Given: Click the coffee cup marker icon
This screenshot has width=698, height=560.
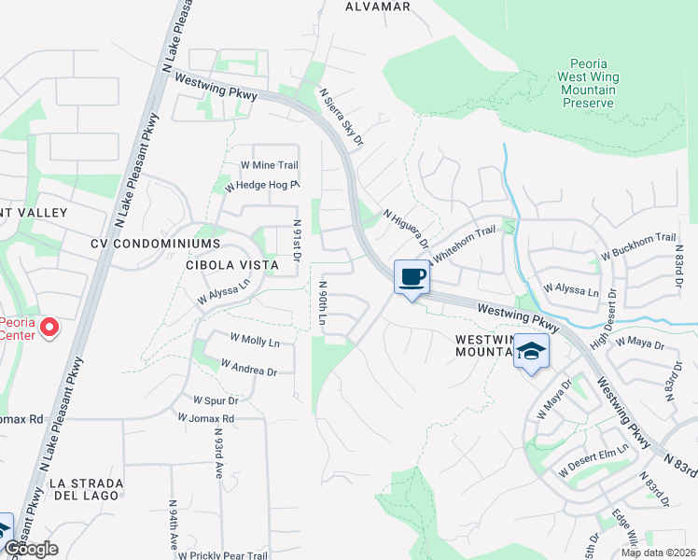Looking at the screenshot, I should (x=412, y=277).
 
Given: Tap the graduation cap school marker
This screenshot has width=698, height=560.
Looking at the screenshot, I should (x=531, y=352).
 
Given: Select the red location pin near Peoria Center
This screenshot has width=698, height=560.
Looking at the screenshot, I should (x=50, y=329).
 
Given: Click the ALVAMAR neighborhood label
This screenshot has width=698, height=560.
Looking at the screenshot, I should (x=378, y=7).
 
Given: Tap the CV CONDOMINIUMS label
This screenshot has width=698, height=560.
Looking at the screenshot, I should (x=155, y=243).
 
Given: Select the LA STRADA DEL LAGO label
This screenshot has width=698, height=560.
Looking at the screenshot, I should (x=86, y=490).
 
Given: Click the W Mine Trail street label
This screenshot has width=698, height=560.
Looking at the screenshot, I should (x=270, y=165).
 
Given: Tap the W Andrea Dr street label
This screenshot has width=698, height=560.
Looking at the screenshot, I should (x=248, y=371).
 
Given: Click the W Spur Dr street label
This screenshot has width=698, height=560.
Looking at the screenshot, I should (x=216, y=399).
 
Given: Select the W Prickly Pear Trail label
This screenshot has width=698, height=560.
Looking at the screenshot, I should (x=223, y=555).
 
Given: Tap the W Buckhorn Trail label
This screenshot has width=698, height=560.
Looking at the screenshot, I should (x=637, y=246).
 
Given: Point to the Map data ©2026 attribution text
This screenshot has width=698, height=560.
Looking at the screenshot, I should (x=658, y=553).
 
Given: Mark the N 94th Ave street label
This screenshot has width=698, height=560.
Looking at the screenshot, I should (x=174, y=528).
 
